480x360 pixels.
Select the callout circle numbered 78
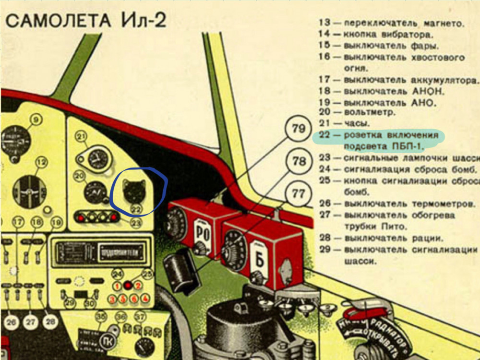(x=299, y=162)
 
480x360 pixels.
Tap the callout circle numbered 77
(x=299, y=194)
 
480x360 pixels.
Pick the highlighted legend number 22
(x=324, y=135)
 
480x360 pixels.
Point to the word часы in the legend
(x=355, y=123)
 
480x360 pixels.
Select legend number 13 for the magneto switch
(x=324, y=23)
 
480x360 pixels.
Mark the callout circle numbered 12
(x=41, y=163)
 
